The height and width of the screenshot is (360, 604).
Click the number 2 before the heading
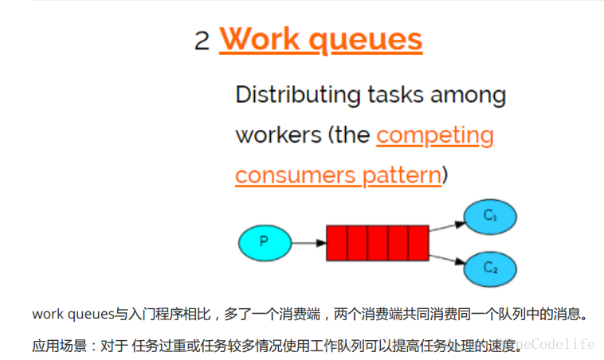(x=202, y=40)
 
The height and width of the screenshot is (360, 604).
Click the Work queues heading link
(x=320, y=38)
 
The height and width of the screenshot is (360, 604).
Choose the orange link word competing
(x=435, y=135)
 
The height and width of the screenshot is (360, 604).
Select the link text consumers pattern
(x=338, y=174)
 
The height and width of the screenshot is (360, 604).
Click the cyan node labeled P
(x=265, y=242)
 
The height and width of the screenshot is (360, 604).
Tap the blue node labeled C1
(x=489, y=217)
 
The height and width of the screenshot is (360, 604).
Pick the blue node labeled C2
(x=489, y=268)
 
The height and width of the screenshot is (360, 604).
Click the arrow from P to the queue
(x=308, y=242)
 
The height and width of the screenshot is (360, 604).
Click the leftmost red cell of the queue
(x=336, y=242)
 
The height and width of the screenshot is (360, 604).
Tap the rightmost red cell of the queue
(x=419, y=242)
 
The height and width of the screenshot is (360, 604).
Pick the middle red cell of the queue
(x=378, y=242)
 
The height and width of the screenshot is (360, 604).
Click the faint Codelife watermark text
(x=558, y=345)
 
